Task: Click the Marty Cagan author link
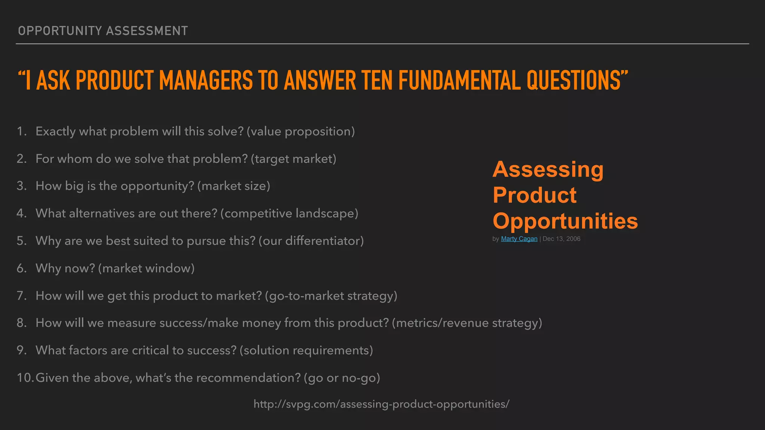click(519, 239)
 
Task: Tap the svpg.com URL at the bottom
click(381, 404)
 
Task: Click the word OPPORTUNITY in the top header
click(60, 31)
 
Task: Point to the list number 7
click(21, 296)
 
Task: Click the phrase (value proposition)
click(301, 131)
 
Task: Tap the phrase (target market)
click(294, 159)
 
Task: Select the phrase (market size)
click(233, 186)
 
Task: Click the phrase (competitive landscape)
click(289, 214)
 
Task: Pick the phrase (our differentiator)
click(311, 241)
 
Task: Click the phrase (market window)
click(146, 268)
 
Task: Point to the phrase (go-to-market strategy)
click(331, 296)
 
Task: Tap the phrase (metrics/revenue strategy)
click(467, 323)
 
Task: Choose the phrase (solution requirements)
click(306, 350)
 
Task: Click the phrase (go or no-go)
click(342, 378)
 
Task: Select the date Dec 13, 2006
click(561, 239)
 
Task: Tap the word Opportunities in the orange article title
click(565, 221)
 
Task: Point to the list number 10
click(25, 378)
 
